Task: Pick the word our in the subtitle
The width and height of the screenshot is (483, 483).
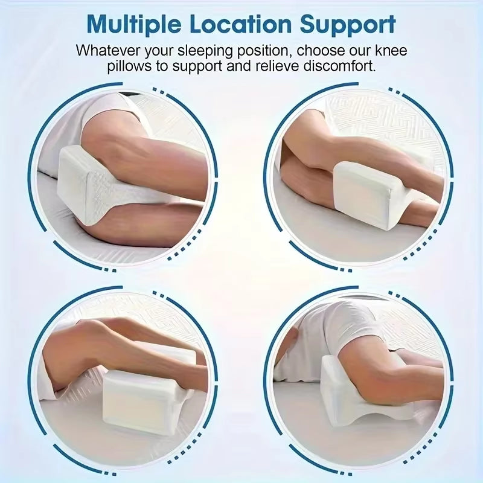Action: [x=364, y=50]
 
